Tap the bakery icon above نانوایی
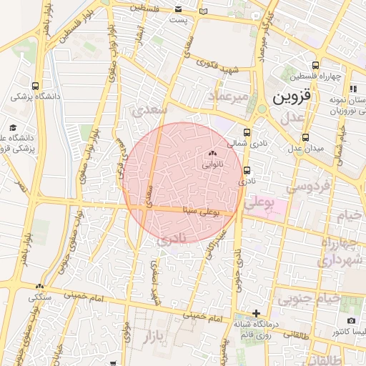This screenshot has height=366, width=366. [211, 153]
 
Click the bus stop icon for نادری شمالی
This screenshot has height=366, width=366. [247, 132]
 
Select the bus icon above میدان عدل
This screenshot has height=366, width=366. [306, 137]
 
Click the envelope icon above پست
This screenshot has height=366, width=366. [178, 9]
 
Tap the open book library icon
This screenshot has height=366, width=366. [204, 11]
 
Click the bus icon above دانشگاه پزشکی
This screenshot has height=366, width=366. [36, 84]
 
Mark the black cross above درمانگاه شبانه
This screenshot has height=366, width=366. [257, 313]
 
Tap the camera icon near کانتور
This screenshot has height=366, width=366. [351, 321]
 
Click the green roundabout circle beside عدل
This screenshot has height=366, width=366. [262, 109]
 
